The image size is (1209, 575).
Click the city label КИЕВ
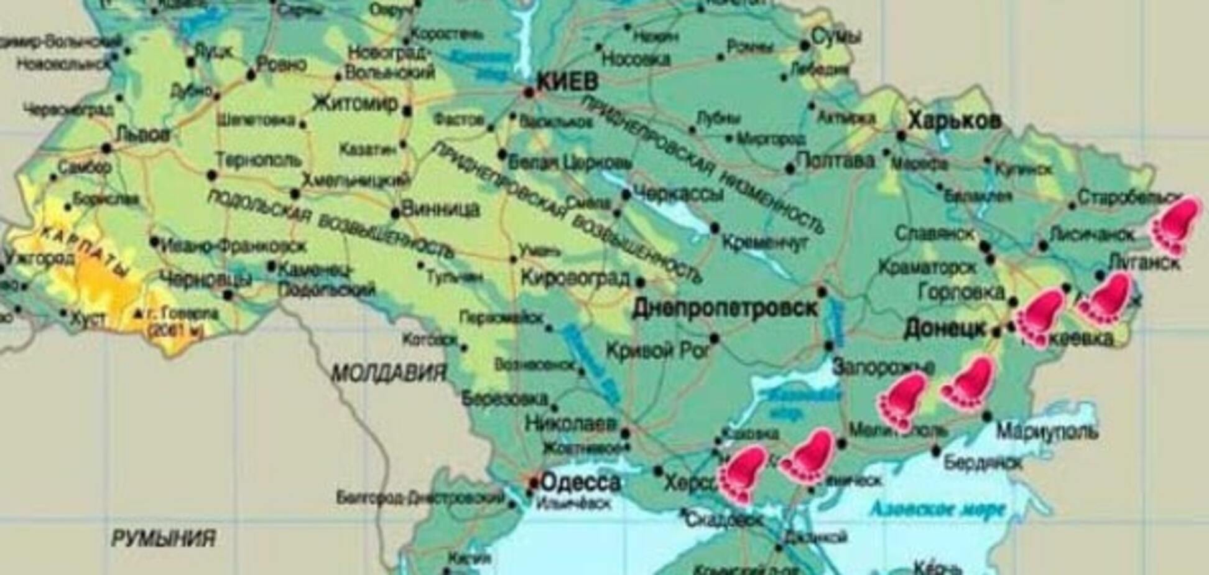(x=567, y=82)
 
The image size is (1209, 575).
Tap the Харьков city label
(x=955, y=121)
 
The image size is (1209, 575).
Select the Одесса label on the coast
(x=580, y=482)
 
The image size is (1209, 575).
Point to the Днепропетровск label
(x=725, y=308)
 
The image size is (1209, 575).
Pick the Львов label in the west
(x=143, y=134)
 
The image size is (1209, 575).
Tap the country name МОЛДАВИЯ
(x=389, y=373)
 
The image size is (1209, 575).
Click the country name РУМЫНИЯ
(x=163, y=538)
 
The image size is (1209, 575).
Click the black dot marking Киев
(x=529, y=93)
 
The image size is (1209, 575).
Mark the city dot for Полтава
(x=790, y=169)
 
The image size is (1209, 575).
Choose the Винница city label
(x=440, y=209)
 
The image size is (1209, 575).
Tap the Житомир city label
(x=354, y=103)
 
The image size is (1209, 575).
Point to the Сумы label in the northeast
(x=836, y=37)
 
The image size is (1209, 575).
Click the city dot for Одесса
(x=534, y=483)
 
